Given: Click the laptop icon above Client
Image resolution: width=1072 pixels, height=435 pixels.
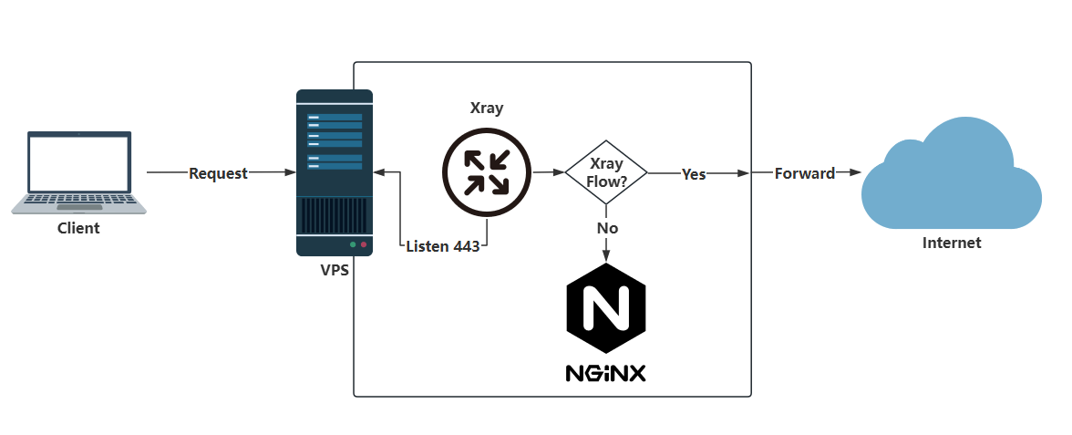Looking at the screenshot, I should (x=78, y=172).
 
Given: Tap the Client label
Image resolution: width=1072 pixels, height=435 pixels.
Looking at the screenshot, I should (x=78, y=228).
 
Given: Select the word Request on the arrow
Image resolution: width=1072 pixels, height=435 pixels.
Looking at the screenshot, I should (x=218, y=173).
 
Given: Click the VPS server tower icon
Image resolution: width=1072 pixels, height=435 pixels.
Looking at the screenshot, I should (x=335, y=172).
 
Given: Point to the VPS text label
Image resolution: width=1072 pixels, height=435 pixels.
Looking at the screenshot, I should (x=334, y=270).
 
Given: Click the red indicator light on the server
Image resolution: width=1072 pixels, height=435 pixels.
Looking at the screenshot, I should (x=364, y=244).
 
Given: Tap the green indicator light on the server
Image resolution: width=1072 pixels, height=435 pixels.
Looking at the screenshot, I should (x=353, y=244).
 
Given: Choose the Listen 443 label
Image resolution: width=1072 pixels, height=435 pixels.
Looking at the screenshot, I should (x=442, y=246).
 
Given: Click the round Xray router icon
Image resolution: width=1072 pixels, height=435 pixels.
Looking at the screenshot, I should (x=486, y=172).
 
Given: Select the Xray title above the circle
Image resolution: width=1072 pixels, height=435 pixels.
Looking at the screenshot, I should (x=486, y=108).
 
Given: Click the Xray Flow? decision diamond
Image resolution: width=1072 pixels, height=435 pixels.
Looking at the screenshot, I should (x=606, y=172).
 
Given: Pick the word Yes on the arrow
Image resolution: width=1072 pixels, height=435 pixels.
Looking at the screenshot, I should (x=694, y=173).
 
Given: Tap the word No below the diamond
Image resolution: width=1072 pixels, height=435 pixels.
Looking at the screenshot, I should (x=607, y=227).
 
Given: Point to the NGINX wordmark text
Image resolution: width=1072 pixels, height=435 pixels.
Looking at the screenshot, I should (x=606, y=373).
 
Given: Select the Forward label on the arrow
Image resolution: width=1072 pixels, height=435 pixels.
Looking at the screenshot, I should (x=805, y=173).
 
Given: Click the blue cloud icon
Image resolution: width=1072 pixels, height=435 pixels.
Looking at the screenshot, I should (x=952, y=174).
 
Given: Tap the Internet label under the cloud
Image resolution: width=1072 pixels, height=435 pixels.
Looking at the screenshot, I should (x=952, y=243).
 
